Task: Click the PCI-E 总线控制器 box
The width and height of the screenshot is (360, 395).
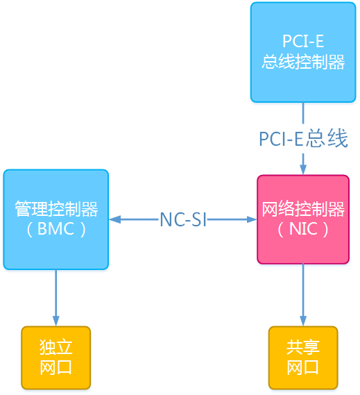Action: point(303,52)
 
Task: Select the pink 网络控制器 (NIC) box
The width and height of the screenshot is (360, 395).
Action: point(303,219)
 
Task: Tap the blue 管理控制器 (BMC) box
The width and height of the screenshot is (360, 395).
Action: point(56,219)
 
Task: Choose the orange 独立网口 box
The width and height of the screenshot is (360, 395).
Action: point(56,358)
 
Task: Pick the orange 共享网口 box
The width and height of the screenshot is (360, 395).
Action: point(303,358)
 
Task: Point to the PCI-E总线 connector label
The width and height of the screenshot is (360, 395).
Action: point(303,139)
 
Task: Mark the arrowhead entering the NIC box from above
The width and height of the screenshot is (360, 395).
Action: point(303,169)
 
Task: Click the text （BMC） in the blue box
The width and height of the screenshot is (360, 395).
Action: point(56,229)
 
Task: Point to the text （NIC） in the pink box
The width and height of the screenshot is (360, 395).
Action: point(303,229)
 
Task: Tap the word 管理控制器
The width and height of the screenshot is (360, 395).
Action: point(56,209)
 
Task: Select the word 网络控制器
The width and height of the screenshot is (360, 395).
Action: point(303,209)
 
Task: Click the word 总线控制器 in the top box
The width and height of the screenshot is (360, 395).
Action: point(303,62)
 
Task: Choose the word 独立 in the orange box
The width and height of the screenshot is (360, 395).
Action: point(56,347)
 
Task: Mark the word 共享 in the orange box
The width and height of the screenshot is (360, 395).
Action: point(303,347)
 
